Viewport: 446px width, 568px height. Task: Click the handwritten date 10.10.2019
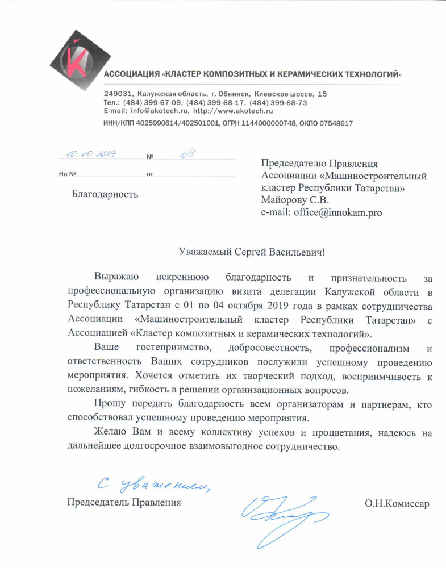pyautogui.click(x=90, y=154)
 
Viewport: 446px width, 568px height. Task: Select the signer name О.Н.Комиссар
pyautogui.click(x=397, y=503)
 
